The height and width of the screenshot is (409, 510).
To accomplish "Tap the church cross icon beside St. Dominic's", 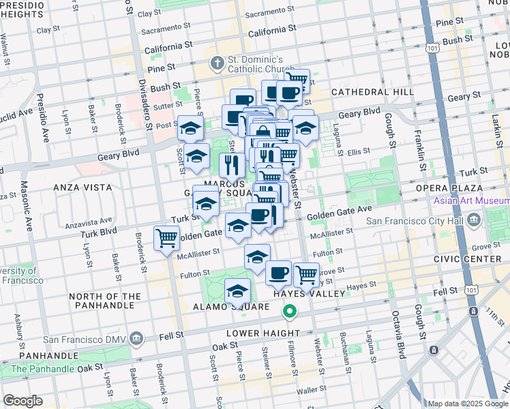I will tap(217, 63).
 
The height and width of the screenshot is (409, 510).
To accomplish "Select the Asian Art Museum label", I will tap(470, 200).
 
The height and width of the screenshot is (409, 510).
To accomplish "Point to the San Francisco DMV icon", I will tap(136, 339).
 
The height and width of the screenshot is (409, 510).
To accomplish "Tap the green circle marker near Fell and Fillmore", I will tap(290, 312).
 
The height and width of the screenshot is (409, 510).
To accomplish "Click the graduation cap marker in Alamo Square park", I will tap(237, 291).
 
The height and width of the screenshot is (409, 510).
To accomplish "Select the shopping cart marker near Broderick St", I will tap(167, 239).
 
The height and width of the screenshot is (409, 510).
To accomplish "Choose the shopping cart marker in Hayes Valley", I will tap(306, 275).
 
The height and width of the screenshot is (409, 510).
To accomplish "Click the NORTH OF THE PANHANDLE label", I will tap(105, 301).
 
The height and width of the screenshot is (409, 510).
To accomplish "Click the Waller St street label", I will tap(313, 390).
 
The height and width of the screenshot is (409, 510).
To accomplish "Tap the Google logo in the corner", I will tap(22, 401).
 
